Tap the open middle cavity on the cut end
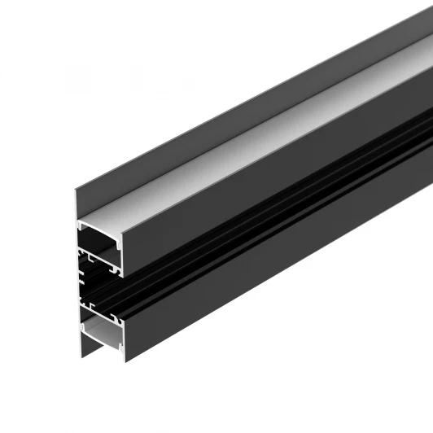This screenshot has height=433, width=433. tap(99, 284)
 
